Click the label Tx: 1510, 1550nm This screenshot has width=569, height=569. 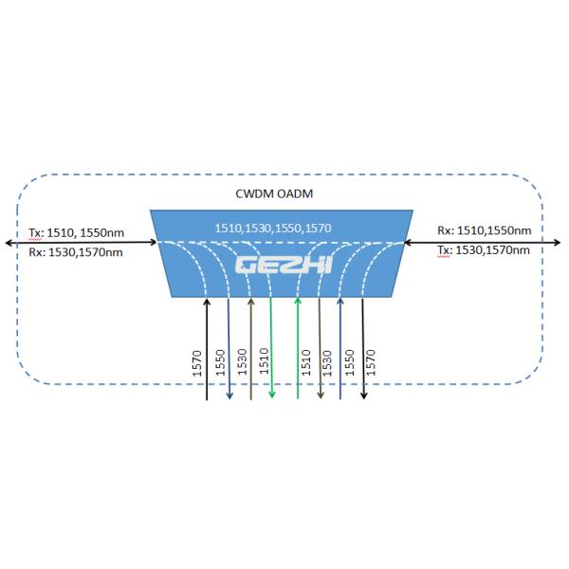pyautogui.click(x=76, y=231)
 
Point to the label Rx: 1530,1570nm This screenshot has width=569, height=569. pyautogui.click(x=75, y=252)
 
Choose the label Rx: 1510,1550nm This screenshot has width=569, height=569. pyautogui.click(x=484, y=230)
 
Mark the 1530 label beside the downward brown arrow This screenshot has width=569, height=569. pyautogui.click(x=328, y=363)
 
